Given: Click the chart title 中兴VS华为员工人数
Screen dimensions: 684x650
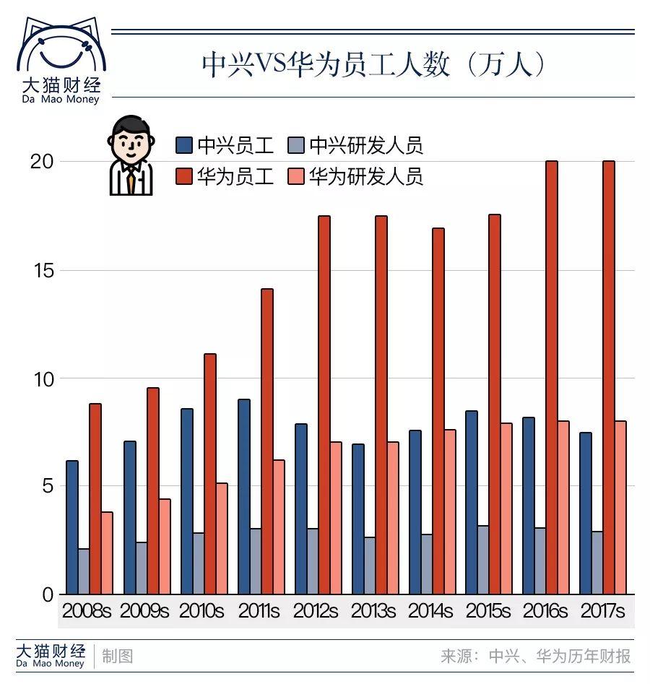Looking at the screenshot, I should click(373, 64).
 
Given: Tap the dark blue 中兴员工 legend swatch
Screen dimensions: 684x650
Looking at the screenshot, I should click(184, 146).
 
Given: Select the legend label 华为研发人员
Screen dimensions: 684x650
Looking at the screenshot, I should click(365, 177).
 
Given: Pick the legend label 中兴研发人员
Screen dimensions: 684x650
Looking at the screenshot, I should click(365, 146).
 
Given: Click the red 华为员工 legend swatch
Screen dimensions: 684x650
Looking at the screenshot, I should click(184, 177).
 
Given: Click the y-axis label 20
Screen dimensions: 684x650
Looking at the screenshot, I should click(41, 162).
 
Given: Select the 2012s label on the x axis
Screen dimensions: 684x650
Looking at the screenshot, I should click(316, 611).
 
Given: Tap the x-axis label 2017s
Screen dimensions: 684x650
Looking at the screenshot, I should click(603, 611).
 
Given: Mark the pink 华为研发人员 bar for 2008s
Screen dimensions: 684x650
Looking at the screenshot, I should click(107, 553).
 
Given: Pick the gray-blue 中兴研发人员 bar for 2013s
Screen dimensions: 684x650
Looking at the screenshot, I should click(370, 565).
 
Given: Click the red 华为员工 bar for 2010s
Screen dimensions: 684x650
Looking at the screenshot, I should click(210, 474).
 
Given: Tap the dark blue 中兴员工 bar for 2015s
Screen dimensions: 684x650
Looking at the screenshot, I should click(472, 502).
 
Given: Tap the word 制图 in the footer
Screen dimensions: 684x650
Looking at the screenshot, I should click(117, 656).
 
